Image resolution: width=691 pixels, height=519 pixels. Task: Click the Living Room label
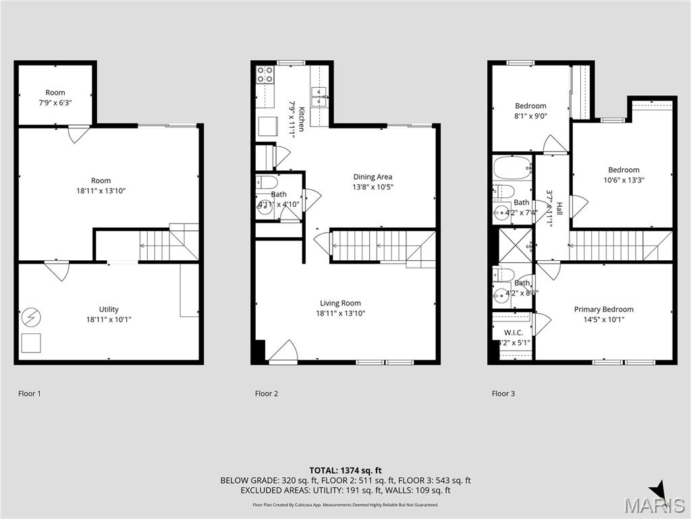click(x=341, y=303)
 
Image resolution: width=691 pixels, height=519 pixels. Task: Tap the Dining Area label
click(x=372, y=177)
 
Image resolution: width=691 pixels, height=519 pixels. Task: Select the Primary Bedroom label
click(x=603, y=310)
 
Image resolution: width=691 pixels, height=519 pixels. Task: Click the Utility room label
click(x=108, y=310)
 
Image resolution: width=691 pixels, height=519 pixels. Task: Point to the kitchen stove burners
click(x=265, y=74)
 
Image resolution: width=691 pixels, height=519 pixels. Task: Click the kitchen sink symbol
click(x=319, y=93)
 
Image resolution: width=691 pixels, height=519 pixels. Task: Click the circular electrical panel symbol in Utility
click(x=31, y=316)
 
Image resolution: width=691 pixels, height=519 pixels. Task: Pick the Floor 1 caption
click(x=30, y=393)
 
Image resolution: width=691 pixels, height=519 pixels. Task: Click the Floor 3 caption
click(x=503, y=393)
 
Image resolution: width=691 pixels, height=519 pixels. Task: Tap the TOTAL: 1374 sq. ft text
click(x=345, y=470)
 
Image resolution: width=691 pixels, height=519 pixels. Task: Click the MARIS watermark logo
click(x=655, y=503)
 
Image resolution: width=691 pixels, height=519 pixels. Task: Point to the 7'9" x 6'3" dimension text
click(x=55, y=103)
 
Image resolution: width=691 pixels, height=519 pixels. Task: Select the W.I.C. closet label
click(x=513, y=332)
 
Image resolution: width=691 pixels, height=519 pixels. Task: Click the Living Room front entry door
click(x=283, y=353)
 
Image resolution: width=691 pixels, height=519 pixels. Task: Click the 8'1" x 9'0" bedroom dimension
click(x=530, y=116)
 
